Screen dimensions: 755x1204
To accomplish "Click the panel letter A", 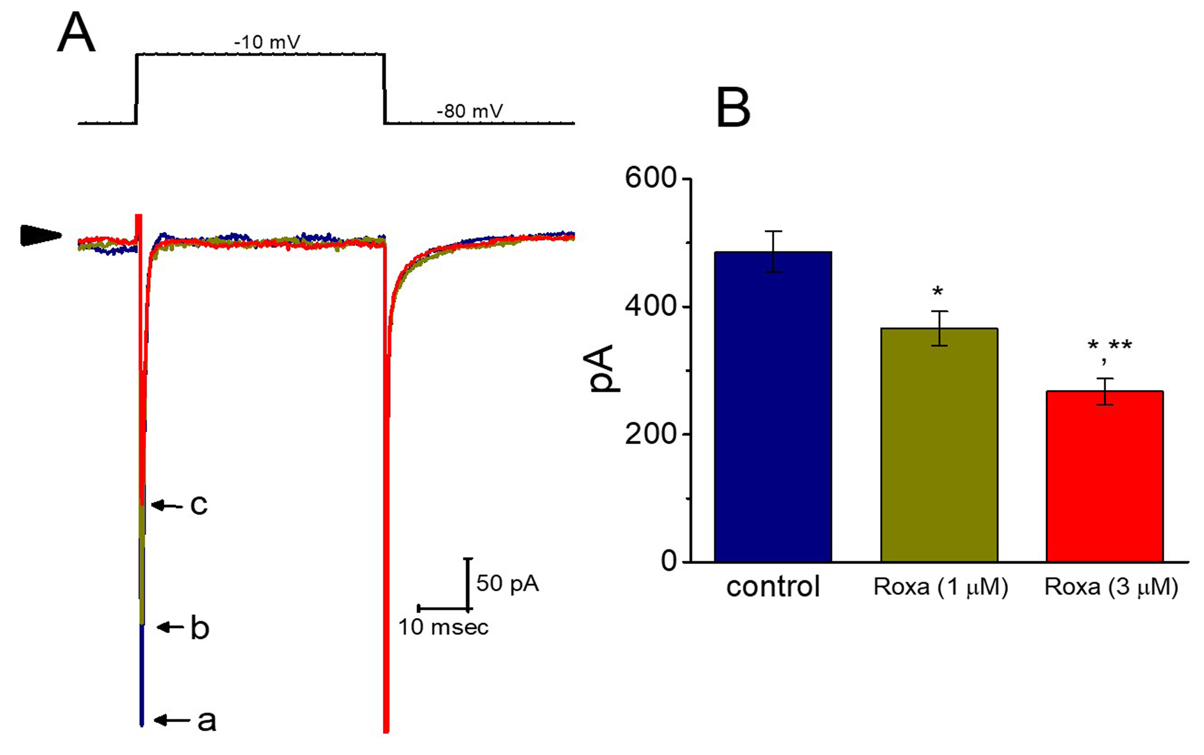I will coord(76,33).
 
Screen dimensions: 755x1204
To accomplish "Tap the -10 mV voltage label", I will coord(267,42).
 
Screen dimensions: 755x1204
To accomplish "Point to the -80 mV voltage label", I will coord(470,111).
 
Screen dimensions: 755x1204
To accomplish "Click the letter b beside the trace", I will coord(200,628).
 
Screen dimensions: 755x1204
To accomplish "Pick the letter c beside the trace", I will coord(198,505).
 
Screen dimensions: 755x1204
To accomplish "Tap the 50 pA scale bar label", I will coord(507,583).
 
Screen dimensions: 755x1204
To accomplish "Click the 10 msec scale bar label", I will coord(443,627).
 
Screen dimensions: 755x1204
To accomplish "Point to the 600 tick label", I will coord(650,178).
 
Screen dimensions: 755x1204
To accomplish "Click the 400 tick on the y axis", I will coord(650,306).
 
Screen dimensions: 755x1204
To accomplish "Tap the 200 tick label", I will coord(650,434).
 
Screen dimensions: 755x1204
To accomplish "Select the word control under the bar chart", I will coord(772,587).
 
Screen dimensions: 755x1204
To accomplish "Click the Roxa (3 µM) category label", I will coord(1111,587).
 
